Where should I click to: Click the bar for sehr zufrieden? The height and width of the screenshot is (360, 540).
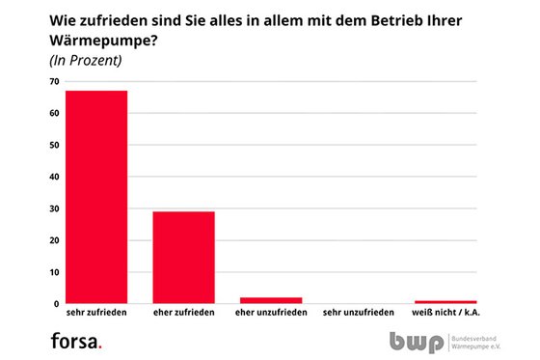point(96,197)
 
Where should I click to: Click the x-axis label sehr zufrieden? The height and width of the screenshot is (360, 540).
point(96,314)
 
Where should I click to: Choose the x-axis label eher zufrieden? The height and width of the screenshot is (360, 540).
point(183,314)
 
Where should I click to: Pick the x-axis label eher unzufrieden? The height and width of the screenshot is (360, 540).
point(271,314)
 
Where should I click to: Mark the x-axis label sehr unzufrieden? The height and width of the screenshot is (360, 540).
point(359,314)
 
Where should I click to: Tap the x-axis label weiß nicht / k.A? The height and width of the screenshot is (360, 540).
point(445,314)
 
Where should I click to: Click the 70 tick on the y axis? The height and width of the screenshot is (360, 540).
point(54,81)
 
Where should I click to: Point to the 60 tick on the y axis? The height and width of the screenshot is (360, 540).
point(54,113)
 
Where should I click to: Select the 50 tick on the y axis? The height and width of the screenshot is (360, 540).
point(54,145)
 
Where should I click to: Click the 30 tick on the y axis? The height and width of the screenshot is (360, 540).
point(54,208)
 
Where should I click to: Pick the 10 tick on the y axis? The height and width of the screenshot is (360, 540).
point(54,272)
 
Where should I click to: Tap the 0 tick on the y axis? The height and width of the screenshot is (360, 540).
point(56,303)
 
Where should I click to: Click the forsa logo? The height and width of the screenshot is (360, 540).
point(76,340)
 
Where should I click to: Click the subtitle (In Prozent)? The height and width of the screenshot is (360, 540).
point(84,61)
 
